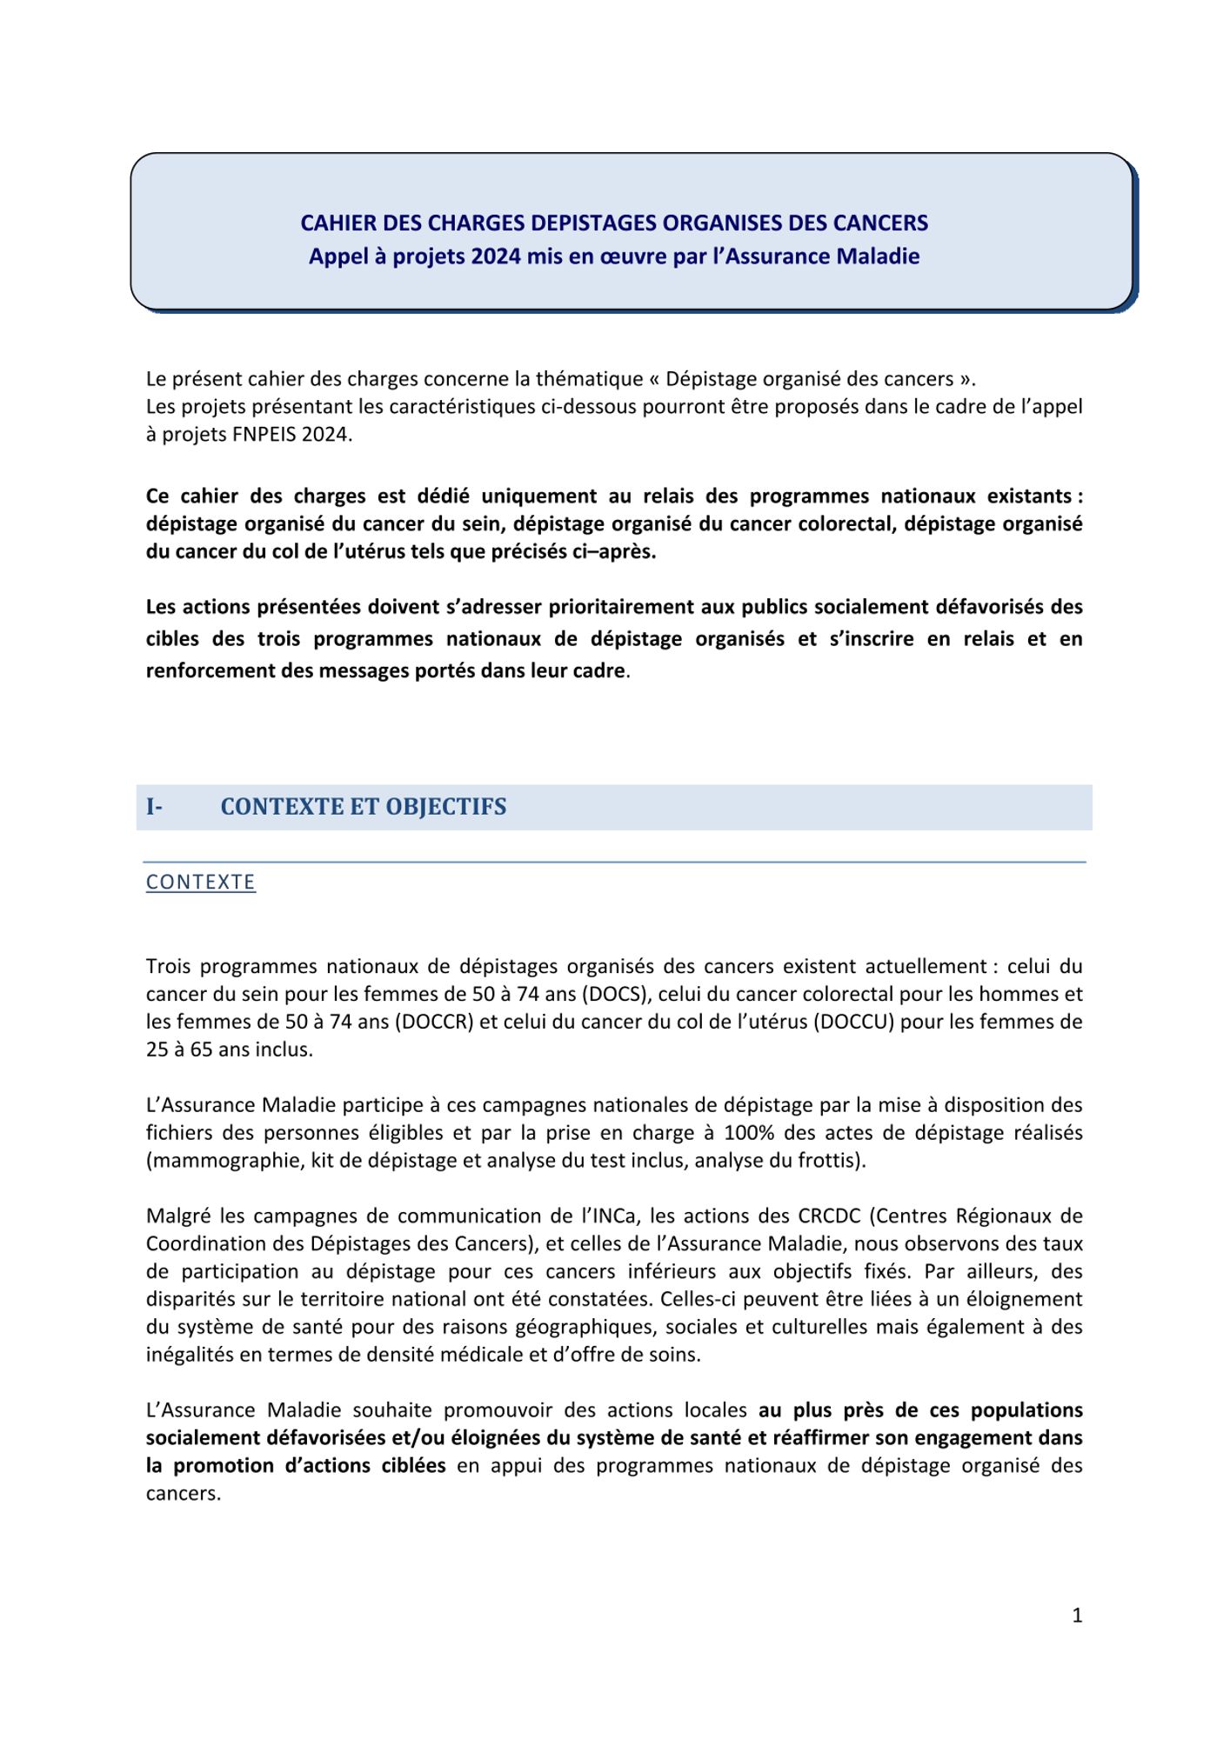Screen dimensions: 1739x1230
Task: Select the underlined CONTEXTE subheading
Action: (x=201, y=882)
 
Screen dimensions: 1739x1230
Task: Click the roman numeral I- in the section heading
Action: (x=154, y=807)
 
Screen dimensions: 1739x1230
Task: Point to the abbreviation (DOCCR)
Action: (x=433, y=1022)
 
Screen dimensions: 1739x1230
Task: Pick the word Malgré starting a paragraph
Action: (x=178, y=1216)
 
